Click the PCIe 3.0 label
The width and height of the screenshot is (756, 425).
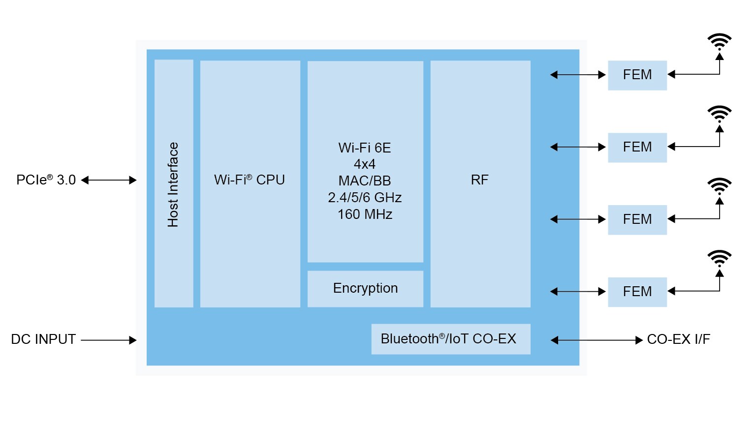point(46,180)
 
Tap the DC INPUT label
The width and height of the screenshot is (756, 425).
point(43,339)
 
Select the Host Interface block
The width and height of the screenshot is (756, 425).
point(174,183)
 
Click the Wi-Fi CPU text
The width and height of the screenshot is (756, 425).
point(250,180)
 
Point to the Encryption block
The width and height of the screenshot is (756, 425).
point(365,288)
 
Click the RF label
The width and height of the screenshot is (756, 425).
point(480,180)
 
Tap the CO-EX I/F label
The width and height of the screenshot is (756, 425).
point(678,339)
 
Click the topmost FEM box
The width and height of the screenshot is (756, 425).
point(637,75)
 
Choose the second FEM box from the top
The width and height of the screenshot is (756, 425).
point(637,147)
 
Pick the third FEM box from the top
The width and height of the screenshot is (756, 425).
point(637,219)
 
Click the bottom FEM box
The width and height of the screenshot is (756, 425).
point(637,292)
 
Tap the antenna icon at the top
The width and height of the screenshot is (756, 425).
point(720,42)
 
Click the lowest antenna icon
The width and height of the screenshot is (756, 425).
point(720,259)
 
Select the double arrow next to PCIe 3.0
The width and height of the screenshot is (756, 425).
point(109,180)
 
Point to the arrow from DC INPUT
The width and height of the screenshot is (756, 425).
point(109,340)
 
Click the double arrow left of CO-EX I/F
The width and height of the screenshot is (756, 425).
point(597,340)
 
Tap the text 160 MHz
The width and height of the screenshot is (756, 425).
point(365,214)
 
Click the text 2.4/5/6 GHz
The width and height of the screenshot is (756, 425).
point(365,198)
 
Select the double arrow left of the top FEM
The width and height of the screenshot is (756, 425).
point(578,75)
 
